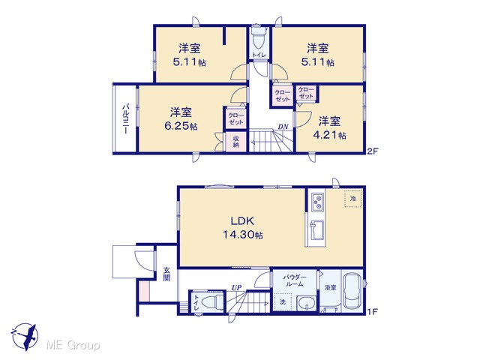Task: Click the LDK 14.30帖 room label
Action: (242, 227)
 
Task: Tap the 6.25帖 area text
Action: (181, 126)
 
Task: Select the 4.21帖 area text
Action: (329, 135)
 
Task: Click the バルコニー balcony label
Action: (125, 119)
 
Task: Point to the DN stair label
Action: (283, 127)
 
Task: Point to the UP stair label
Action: (236, 287)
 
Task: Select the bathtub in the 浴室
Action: (352, 290)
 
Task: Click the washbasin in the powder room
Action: (307, 303)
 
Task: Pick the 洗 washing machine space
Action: (283, 301)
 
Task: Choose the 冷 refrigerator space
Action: (353, 199)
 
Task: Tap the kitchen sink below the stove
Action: (317, 230)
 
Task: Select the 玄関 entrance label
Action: (166, 274)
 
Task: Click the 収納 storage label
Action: (236, 142)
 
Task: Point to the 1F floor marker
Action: (373, 312)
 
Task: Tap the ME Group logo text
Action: (73, 345)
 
